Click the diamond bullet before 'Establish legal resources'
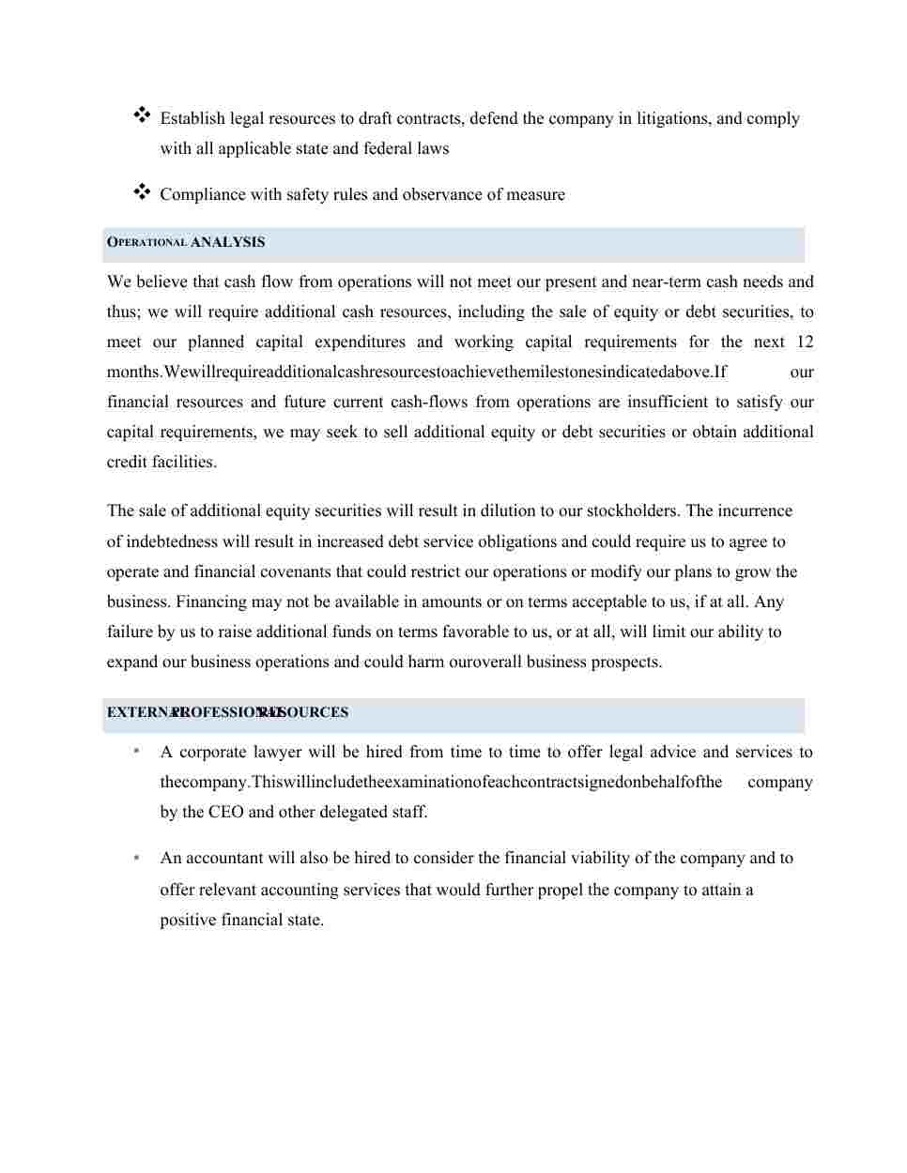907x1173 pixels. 142,115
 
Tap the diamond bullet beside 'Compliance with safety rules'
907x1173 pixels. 142,191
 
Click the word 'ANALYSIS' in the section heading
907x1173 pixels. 227,242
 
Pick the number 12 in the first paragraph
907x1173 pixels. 804,342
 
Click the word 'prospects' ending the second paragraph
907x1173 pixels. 625,662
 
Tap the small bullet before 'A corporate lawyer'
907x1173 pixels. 138,752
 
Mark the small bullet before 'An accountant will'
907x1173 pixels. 138,858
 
